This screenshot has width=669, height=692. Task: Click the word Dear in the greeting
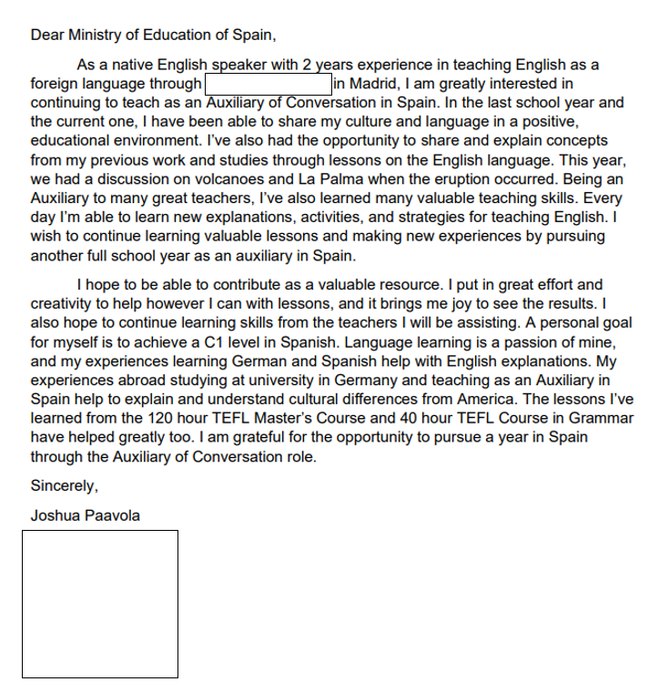click(47, 36)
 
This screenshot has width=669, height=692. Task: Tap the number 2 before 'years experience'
click(308, 66)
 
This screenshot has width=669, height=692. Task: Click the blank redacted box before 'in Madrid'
click(268, 85)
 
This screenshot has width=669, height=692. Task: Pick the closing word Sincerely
click(64, 485)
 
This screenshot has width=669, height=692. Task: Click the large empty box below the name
click(100, 604)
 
